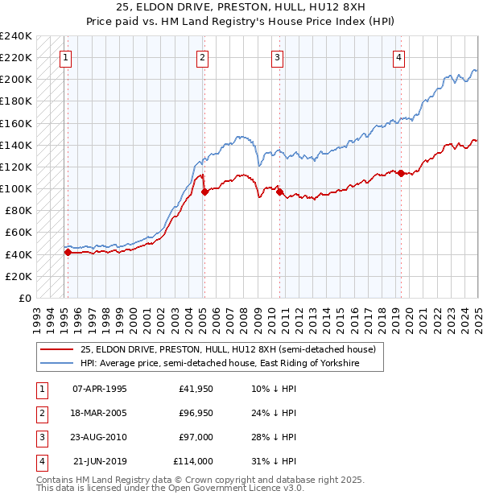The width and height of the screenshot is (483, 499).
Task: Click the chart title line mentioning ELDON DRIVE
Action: (x=242, y=7)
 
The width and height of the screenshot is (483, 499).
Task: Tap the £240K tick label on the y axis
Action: (x=16, y=36)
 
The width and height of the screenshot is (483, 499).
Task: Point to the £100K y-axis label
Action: (x=16, y=188)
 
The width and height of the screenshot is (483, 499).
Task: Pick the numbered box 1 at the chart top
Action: (x=64, y=57)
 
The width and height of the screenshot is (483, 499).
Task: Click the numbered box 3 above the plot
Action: (x=277, y=57)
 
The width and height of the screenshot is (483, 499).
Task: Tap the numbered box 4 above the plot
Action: (x=399, y=57)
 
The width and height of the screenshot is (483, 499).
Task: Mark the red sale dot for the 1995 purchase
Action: (x=68, y=252)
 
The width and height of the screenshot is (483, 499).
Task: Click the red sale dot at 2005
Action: (x=204, y=192)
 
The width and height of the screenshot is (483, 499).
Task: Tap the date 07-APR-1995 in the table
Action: (x=100, y=390)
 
